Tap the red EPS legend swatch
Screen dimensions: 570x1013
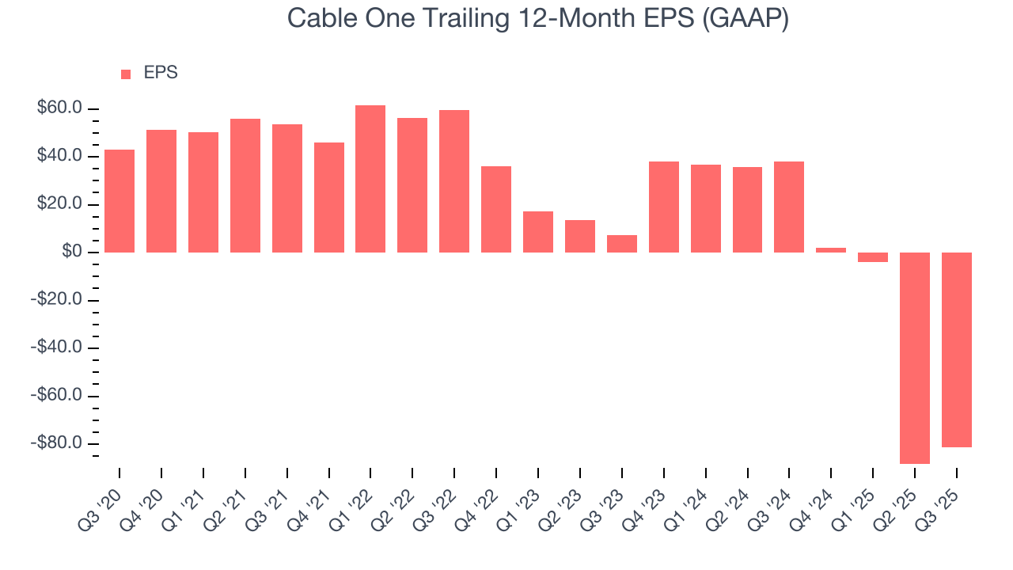coord(125,74)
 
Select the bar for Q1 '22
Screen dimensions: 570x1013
coord(370,179)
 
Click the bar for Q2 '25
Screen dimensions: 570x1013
coord(915,358)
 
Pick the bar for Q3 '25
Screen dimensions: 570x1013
coord(956,350)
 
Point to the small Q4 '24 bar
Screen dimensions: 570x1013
coord(831,250)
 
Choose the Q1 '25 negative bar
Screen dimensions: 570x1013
coord(873,257)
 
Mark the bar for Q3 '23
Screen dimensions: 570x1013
coord(622,244)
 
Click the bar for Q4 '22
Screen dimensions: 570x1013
coord(496,209)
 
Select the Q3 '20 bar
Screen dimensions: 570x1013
coord(120,201)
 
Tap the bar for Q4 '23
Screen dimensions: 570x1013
coord(664,207)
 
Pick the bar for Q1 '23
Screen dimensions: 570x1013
coord(538,232)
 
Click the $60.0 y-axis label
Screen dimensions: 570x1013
coord(60,108)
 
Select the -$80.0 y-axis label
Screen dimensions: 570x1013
coord(58,443)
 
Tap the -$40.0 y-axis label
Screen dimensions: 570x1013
coord(58,348)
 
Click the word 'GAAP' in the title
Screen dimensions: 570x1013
coord(749,19)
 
